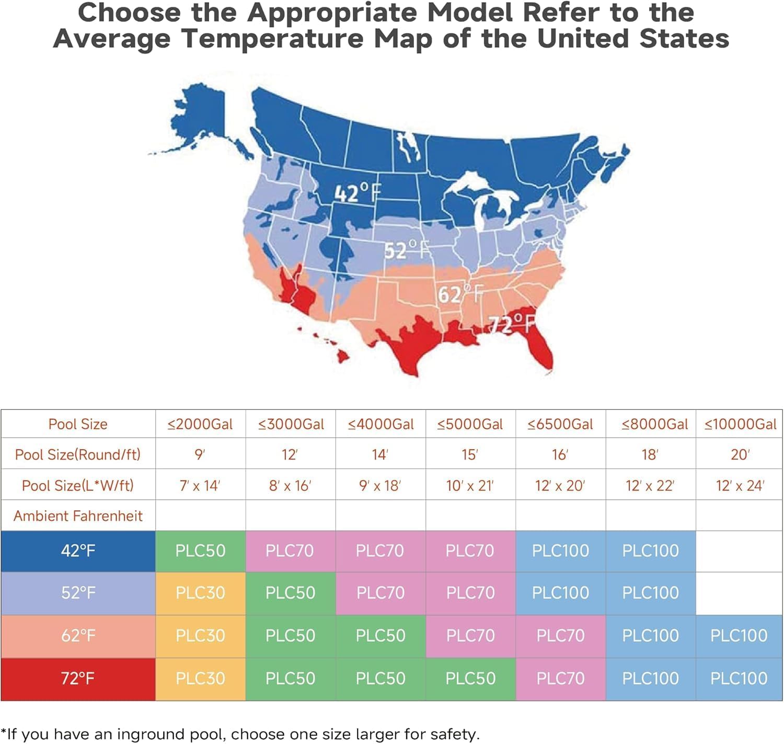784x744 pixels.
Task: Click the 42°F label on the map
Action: [358, 193]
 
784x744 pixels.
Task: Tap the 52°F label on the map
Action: [407, 250]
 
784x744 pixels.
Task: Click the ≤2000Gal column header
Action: [200, 424]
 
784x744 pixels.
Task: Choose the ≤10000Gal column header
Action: [740, 424]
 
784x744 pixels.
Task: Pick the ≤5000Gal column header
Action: [470, 424]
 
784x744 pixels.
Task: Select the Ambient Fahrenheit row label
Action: [78, 516]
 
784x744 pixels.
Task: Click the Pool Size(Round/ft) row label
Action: [78, 454]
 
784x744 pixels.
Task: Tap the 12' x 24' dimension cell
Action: [740, 486]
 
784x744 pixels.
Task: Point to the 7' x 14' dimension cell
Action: [200, 486]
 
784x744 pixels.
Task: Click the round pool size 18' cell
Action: [650, 454]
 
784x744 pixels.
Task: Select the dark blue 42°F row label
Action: [78, 551]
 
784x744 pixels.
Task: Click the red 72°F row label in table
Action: [78, 678]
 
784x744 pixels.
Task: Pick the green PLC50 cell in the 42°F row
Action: [200, 551]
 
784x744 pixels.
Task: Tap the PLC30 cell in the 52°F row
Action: [200, 592]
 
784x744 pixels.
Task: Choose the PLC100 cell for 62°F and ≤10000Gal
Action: [739, 635]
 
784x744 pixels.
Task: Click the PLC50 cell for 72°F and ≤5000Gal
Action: [470, 678]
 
